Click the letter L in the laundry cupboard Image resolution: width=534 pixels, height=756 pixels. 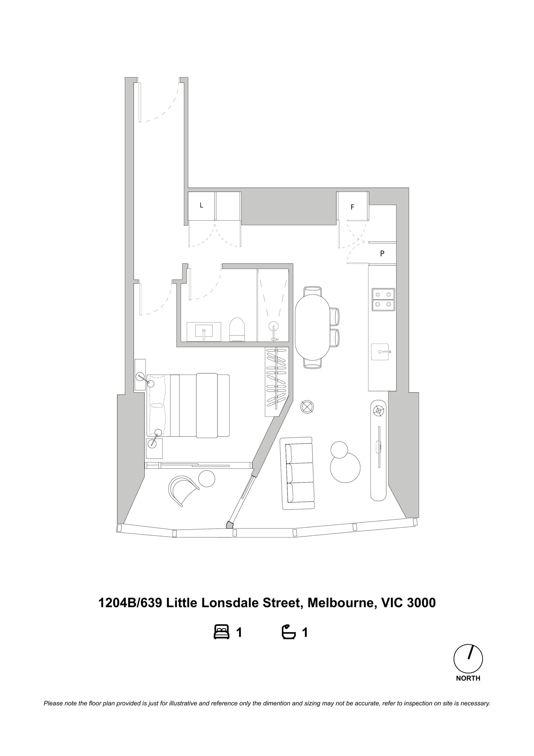(x=202, y=205)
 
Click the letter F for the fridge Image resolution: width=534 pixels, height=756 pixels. (x=352, y=207)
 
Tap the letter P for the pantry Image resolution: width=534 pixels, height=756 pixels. (x=382, y=254)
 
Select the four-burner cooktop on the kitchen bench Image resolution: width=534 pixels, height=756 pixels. (x=383, y=299)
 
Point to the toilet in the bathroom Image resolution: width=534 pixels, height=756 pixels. (x=237, y=329)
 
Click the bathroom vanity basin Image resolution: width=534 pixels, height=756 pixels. (x=204, y=332)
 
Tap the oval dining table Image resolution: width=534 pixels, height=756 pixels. (x=312, y=327)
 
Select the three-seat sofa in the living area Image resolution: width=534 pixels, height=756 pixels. (x=297, y=473)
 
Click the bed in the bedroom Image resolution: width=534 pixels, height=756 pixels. (x=188, y=405)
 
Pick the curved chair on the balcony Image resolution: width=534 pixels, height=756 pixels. (x=182, y=491)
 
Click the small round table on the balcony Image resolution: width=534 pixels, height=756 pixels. (x=206, y=478)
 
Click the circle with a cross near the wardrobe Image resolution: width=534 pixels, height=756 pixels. (x=307, y=407)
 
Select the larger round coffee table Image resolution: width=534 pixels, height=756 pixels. (x=345, y=467)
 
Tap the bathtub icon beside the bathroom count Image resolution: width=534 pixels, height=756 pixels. (x=289, y=632)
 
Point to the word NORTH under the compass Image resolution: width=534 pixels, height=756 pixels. (x=468, y=678)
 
